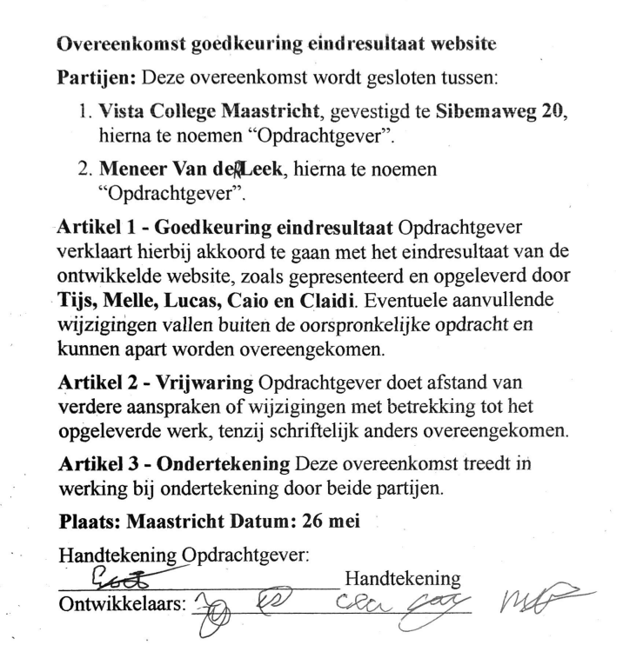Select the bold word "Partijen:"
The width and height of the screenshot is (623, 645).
[94, 76]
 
